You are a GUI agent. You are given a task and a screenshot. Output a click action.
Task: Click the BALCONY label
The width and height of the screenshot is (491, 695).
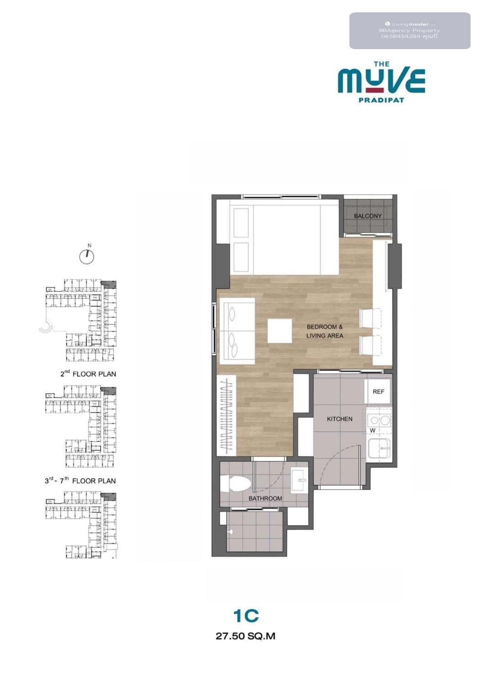pyautogui.click(x=367, y=216)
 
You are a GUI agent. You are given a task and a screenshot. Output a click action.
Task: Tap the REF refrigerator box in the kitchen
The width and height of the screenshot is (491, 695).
pyautogui.click(x=378, y=392)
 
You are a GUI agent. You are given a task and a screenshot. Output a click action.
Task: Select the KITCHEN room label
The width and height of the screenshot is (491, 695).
pyautogui.click(x=340, y=419)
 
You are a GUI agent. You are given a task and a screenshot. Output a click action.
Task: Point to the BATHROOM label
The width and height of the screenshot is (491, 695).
pyautogui.click(x=265, y=498)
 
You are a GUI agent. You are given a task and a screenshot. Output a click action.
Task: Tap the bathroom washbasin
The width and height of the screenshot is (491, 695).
pyautogui.click(x=299, y=481)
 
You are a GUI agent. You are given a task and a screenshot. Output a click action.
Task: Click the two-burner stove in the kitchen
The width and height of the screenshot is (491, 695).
pyautogui.click(x=379, y=421)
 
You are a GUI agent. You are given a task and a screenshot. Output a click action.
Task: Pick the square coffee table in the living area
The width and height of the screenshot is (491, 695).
pyautogui.click(x=279, y=331)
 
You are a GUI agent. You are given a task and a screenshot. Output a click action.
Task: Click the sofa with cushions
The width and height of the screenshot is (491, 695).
pyautogui.click(x=237, y=331)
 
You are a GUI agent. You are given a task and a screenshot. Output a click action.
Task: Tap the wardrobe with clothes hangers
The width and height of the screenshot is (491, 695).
pyautogui.click(x=227, y=416)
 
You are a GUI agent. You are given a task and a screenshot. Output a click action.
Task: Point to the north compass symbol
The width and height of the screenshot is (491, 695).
pyautogui.click(x=87, y=255)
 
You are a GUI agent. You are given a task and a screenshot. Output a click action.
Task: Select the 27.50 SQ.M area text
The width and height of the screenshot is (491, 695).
pyautogui.click(x=245, y=636)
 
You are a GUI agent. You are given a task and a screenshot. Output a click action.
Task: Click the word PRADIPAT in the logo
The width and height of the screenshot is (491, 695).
pyautogui.click(x=381, y=100)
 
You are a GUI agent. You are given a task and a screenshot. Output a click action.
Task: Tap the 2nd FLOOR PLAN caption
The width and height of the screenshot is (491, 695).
pyautogui.click(x=88, y=374)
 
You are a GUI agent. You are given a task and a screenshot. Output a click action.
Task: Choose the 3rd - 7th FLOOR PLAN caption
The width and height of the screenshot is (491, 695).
pyautogui.click(x=80, y=481)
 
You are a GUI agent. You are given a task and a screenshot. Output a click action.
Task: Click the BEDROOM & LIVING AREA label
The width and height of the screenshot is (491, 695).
pyautogui.click(x=324, y=331)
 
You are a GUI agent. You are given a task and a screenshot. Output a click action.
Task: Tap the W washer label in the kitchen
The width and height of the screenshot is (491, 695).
pyautogui.click(x=373, y=430)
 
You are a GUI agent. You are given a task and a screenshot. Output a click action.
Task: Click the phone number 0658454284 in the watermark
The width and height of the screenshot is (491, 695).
pyautogui.click(x=400, y=36)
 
